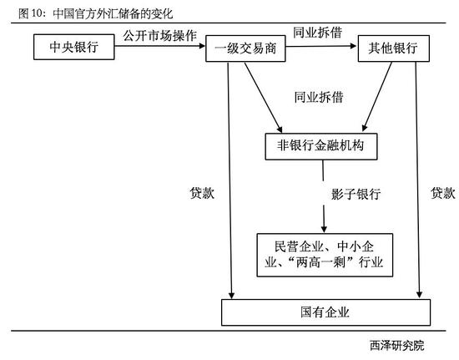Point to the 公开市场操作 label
pyautogui.click(x=160, y=36)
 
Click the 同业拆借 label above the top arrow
pyautogui.click(x=318, y=33)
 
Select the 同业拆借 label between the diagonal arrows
pyautogui.click(x=319, y=97)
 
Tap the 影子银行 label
pyautogui.click(x=356, y=194)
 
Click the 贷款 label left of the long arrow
pyautogui.click(x=202, y=193)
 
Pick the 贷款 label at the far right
pyautogui.click(x=443, y=193)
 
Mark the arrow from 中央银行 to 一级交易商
pyautogui.click(x=160, y=46)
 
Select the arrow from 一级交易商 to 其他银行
pyautogui.click(x=321, y=46)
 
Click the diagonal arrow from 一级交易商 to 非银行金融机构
pyautogui.click(x=263, y=98)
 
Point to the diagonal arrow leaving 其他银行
pyautogui.click(x=377, y=97)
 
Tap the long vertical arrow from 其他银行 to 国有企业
pyautogui.click(x=418, y=180)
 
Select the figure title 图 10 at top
pyautogui.click(x=96, y=13)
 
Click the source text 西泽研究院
pyautogui.click(x=397, y=345)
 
